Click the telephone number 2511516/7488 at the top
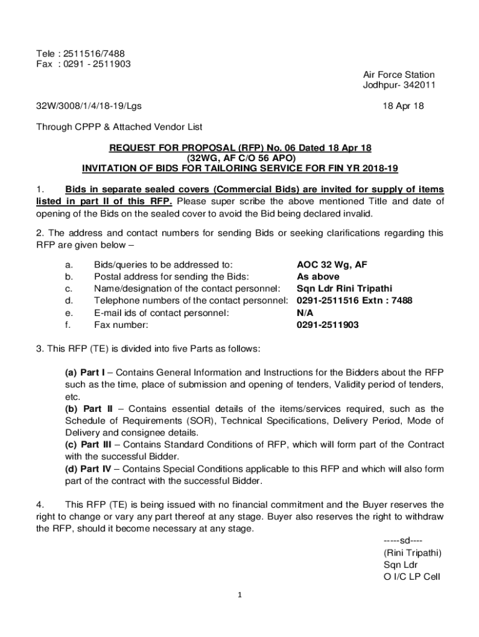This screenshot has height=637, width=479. point(94,52)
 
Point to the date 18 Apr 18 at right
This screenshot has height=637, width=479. point(404,106)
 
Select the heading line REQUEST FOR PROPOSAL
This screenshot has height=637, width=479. point(240,147)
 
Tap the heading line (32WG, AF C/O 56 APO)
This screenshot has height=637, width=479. point(240,158)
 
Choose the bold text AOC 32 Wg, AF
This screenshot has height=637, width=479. point(332,265)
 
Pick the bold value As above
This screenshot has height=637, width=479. point(318,277)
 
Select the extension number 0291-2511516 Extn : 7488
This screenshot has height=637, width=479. point(355,300)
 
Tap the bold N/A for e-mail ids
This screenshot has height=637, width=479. point(305,313)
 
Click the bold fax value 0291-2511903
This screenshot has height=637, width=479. point(327,325)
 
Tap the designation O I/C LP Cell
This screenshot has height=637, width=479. point(411,577)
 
